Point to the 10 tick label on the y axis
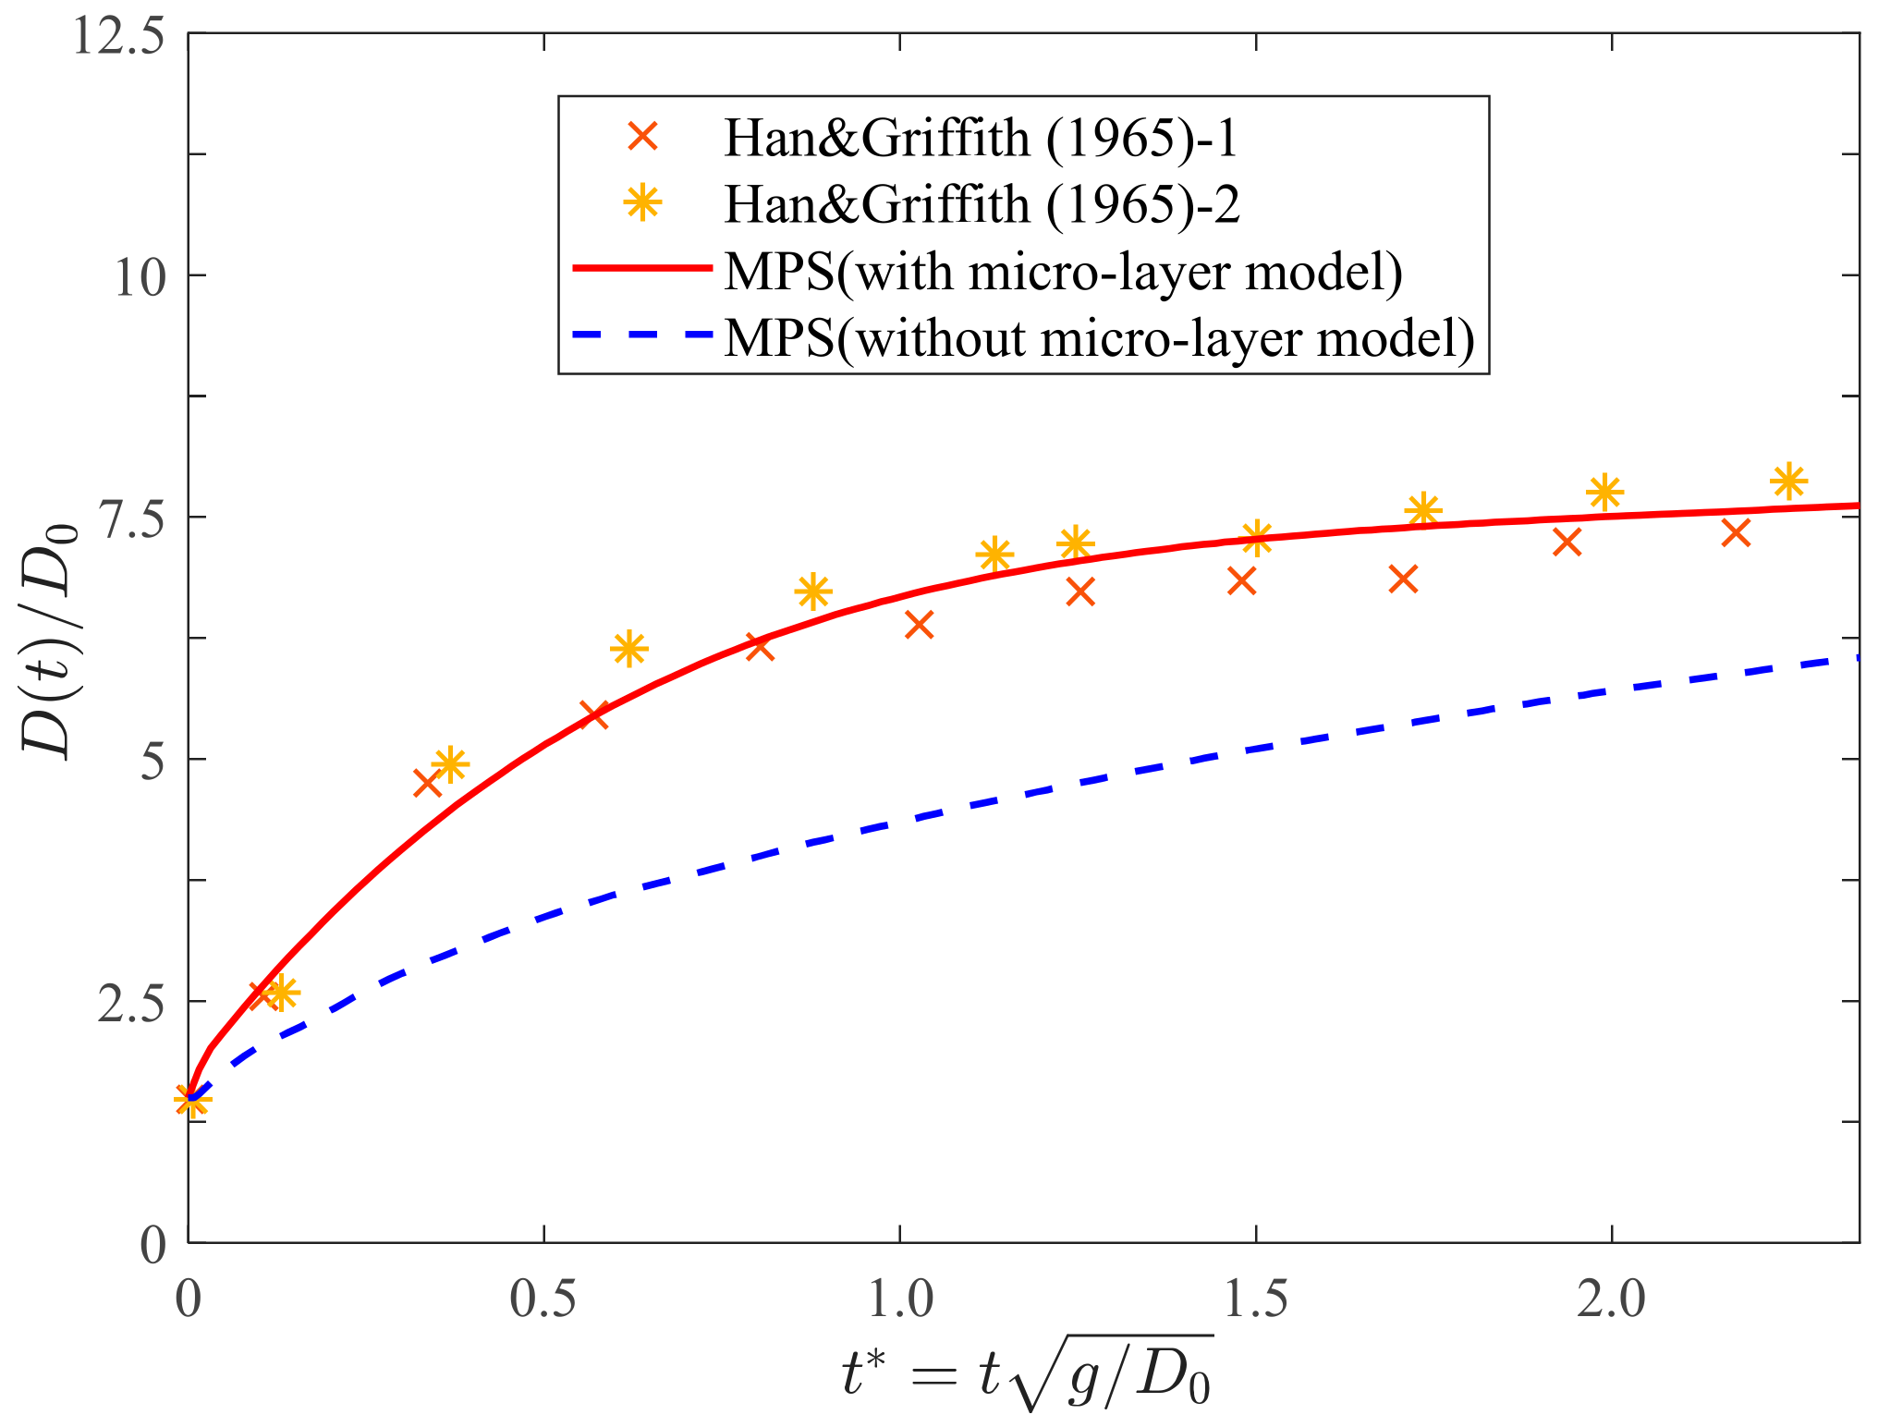(140, 276)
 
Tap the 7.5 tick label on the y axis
(129, 518)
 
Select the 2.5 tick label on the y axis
(129, 1003)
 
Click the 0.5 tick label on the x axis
(543, 1299)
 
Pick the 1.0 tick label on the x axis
(900, 1299)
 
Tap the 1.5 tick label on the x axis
(1255, 1299)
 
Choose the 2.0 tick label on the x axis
(1611, 1299)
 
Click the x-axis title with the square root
(1026, 1373)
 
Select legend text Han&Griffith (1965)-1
(981, 139)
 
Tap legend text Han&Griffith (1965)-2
(982, 204)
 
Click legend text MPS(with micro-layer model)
(1063, 271)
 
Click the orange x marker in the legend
(642, 138)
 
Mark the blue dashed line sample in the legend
(642, 335)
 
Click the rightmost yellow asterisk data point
(1788, 481)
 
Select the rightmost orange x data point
(1737, 532)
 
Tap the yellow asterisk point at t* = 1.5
(1256, 536)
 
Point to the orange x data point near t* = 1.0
(919, 625)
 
